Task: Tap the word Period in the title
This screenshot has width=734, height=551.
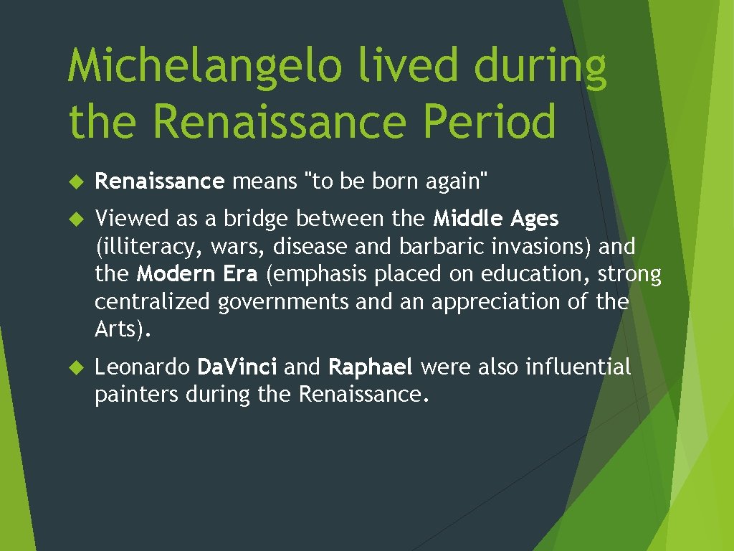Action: (x=490, y=121)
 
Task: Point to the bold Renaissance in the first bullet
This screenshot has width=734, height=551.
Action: (x=160, y=182)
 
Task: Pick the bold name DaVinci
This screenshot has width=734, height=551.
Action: (x=237, y=368)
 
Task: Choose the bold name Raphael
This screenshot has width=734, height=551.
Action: (x=371, y=368)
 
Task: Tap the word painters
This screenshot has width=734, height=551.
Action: (x=136, y=395)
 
